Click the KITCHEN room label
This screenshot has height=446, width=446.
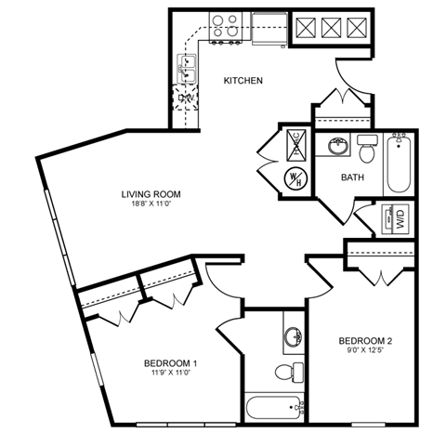pos(243,81)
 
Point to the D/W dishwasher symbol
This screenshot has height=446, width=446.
pos(187,97)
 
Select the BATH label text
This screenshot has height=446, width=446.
pos(352,177)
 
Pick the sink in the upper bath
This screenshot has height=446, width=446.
pos(336,147)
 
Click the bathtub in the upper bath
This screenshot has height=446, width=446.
pos(400,164)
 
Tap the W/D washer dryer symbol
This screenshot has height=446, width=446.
pos(399,219)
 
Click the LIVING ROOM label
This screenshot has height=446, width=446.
pos(150,194)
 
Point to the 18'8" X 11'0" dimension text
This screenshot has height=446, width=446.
pos(150,205)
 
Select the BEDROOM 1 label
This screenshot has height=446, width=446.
pos(170,362)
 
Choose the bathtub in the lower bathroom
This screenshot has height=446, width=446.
pos(273,407)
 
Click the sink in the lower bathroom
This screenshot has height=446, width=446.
pos(292,336)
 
